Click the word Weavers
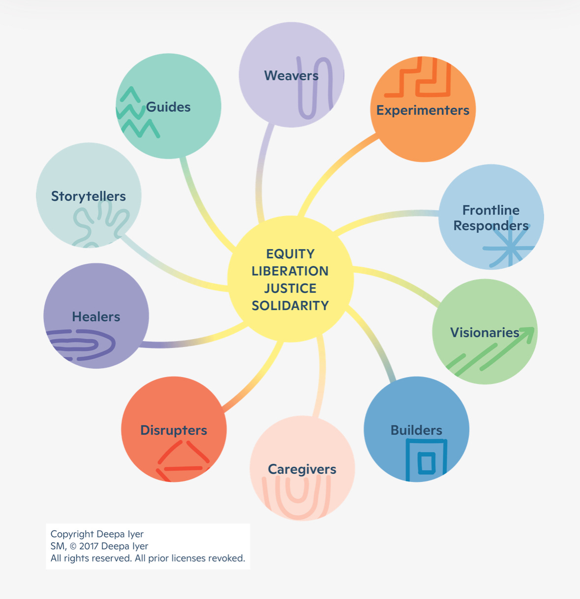(291, 76)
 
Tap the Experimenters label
(423, 110)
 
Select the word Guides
(168, 107)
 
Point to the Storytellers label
(89, 196)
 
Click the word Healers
(96, 316)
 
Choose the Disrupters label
(174, 430)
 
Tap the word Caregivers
(302, 469)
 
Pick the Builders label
(416, 430)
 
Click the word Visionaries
(485, 333)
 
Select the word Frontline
(491, 210)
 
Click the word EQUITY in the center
(290, 254)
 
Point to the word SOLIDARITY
(290, 306)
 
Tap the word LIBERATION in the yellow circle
(290, 271)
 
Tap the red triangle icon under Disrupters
(183, 460)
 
